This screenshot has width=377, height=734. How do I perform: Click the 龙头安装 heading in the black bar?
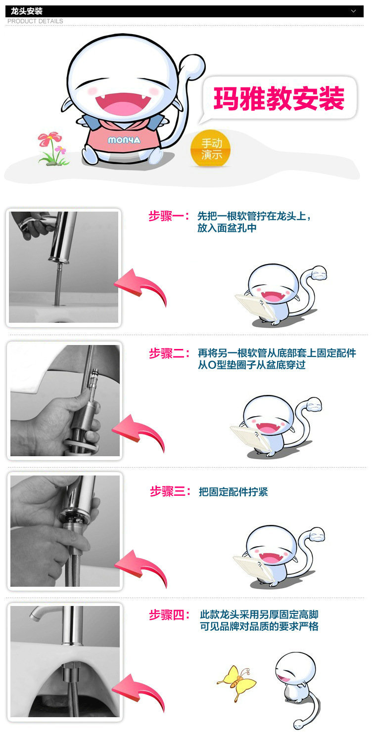[x=27, y=11]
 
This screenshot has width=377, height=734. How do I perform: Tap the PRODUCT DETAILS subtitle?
[x=35, y=21]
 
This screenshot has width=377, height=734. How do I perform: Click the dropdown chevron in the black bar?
[x=353, y=11]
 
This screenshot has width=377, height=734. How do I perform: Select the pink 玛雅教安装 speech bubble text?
[x=279, y=98]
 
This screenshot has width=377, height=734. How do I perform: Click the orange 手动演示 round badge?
[x=211, y=149]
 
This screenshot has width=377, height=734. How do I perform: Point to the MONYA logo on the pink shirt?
[x=124, y=140]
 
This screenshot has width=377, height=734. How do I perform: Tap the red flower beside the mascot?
[x=49, y=139]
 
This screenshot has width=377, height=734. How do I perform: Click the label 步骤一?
[x=169, y=216]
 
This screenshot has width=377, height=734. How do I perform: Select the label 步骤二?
[x=169, y=353]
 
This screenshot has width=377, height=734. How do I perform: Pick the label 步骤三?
[x=170, y=491]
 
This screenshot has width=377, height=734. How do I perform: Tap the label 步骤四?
[x=169, y=615]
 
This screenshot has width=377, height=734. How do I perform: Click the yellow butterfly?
[x=237, y=683]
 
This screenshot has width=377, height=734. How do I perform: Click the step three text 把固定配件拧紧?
[x=234, y=492]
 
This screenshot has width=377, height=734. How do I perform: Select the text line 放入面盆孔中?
[x=227, y=228]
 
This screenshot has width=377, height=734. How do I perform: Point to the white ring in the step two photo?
[x=81, y=446]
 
